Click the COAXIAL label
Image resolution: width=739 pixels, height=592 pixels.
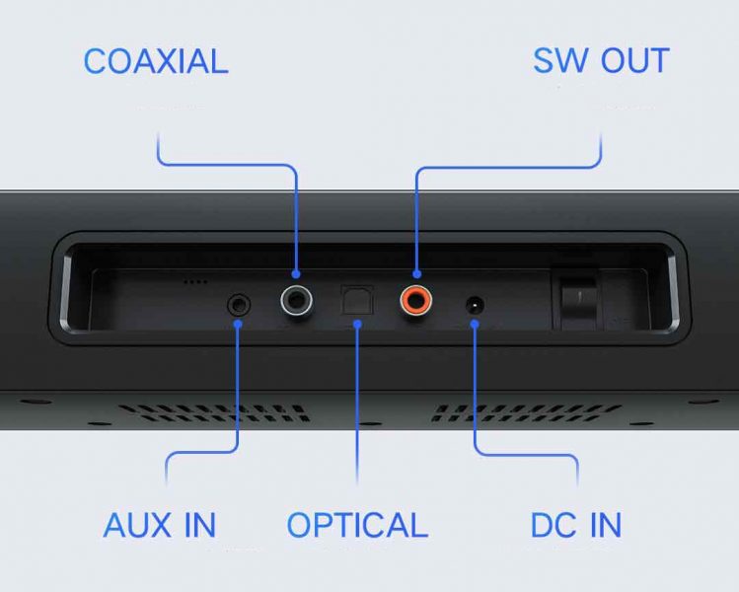[x=155, y=60]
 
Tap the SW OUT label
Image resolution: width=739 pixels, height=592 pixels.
[x=601, y=60]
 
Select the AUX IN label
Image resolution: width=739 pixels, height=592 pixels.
[x=159, y=525]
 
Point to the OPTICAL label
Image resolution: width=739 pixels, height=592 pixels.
[x=357, y=525]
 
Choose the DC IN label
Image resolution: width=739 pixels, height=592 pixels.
[x=576, y=525]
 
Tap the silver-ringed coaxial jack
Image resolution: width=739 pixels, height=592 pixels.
[x=296, y=298]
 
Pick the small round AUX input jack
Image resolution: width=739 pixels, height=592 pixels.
[x=238, y=305]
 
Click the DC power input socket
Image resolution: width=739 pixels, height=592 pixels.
[x=475, y=306]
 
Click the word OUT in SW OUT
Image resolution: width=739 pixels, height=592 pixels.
[x=630, y=60]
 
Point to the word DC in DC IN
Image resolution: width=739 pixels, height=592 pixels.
[x=554, y=525]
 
